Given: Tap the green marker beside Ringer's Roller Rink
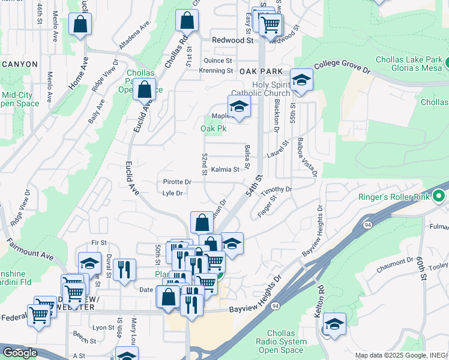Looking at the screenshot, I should click(439, 196).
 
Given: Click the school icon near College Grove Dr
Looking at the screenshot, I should click(301, 80).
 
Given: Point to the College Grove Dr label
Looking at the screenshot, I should click(343, 67).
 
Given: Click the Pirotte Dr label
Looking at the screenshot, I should click(177, 182).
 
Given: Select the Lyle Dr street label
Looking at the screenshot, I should click(172, 193).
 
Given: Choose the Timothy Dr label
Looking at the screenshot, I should click(276, 190).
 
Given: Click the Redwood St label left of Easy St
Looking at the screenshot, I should click(233, 40).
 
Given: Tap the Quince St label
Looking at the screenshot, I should click(218, 61).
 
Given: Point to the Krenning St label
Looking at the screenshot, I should click(216, 71).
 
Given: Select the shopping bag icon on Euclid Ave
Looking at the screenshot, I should click(144, 90).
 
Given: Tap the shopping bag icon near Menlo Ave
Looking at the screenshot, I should click(80, 25).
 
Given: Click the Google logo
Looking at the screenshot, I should click(20, 353).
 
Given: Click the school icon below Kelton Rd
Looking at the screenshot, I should click(334, 325).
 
